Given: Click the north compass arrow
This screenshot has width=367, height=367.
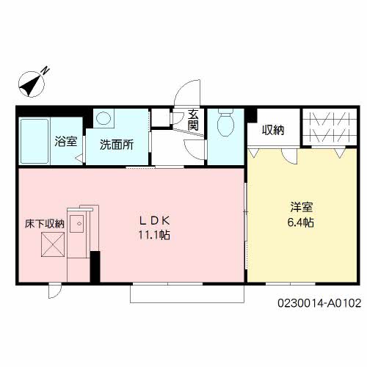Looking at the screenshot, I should pyautogui.click(x=32, y=83).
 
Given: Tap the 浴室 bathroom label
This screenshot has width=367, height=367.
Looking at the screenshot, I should pyautogui.click(x=66, y=141).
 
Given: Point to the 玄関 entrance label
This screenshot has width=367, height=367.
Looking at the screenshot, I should pyautogui.click(x=193, y=120).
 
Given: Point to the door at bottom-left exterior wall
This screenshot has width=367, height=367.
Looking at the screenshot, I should pyautogui.click(x=54, y=291).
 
